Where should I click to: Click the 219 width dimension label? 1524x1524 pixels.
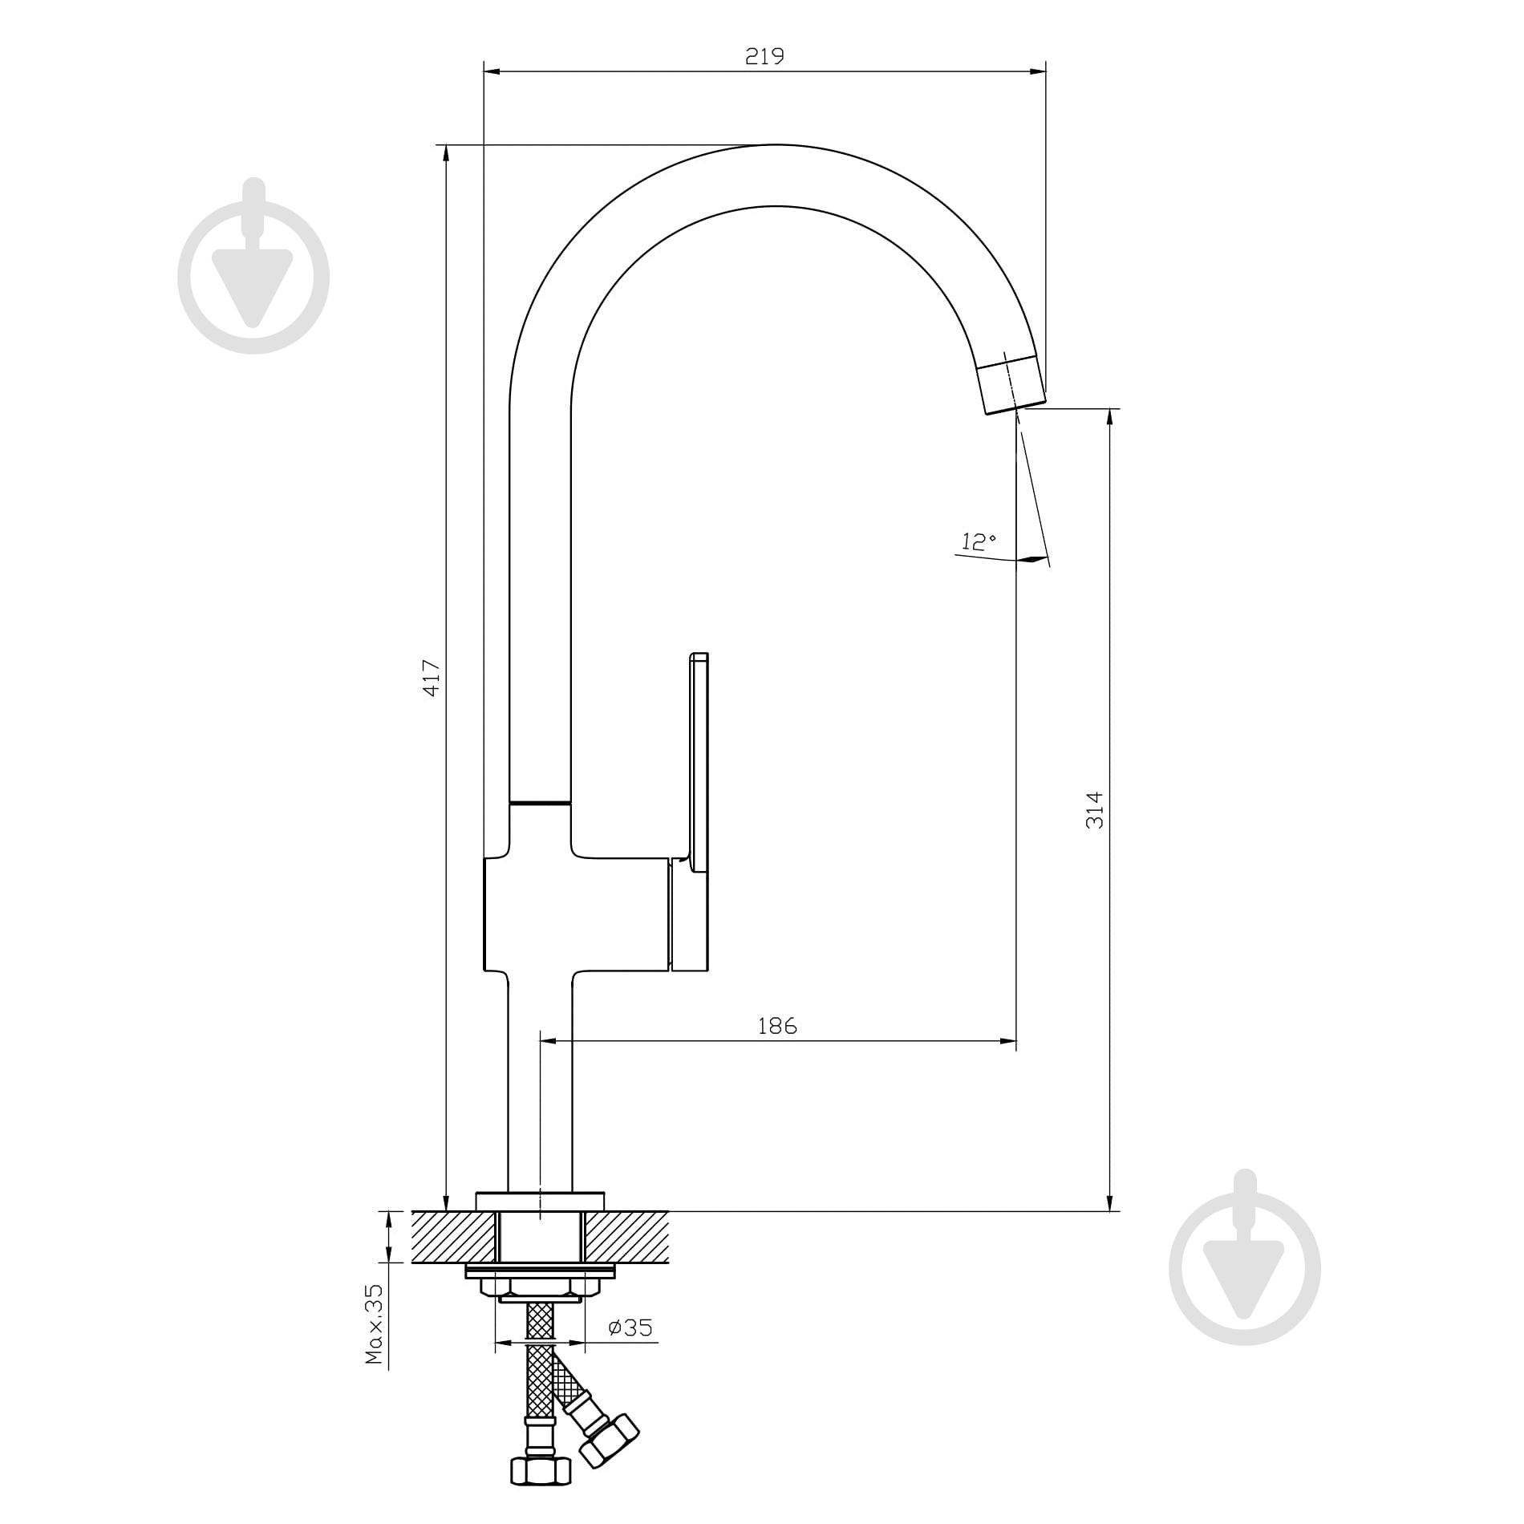coord(764,56)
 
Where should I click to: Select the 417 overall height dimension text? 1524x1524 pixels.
coord(432,678)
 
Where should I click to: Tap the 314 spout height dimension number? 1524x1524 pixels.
coord(1095,810)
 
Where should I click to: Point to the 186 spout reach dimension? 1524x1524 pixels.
coord(778,1025)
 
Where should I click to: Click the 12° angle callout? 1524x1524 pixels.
coord(979,542)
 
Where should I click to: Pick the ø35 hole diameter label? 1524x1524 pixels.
coord(630,1327)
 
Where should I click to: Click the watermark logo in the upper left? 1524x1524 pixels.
coord(253,265)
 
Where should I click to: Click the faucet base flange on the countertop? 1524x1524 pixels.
coord(540,1201)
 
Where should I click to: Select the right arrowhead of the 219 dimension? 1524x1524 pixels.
coord(1038,72)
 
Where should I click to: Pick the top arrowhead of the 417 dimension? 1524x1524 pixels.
coord(446,155)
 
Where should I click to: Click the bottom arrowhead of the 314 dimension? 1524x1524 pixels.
coord(1110,1201)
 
